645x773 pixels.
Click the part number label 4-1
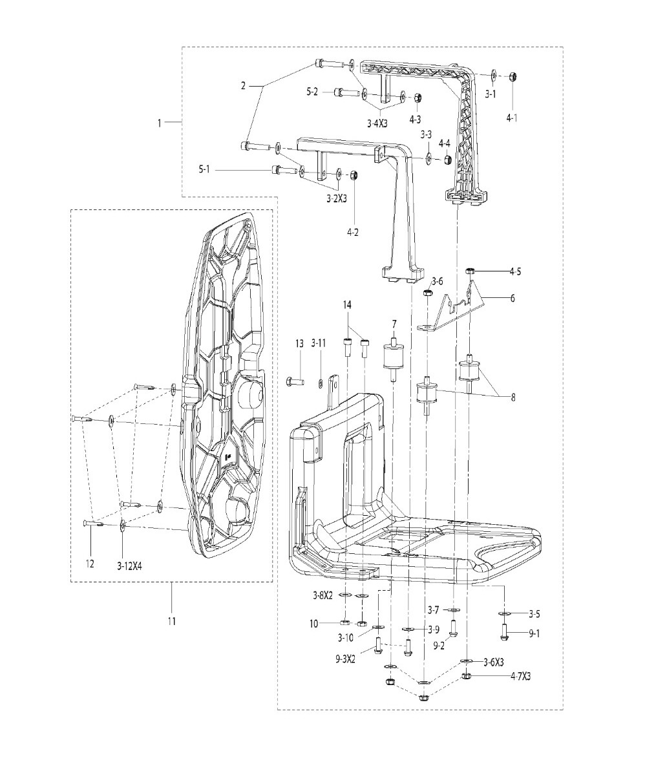(513, 118)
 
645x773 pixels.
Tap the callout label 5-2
(313, 91)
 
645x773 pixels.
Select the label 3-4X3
(377, 123)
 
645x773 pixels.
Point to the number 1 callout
(159, 123)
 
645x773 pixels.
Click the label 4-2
(353, 233)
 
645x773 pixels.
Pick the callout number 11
(171, 622)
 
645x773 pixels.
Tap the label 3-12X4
(130, 567)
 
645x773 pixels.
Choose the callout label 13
(300, 344)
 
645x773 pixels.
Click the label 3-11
(319, 344)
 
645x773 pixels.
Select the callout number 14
(347, 305)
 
